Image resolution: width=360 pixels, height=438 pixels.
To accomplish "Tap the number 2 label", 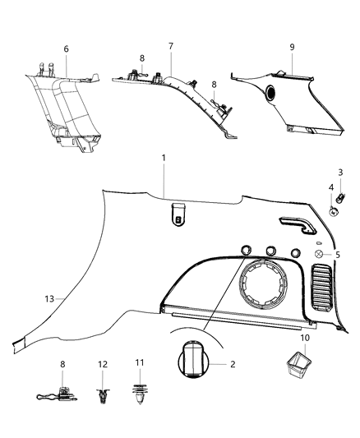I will click(x=232, y=363).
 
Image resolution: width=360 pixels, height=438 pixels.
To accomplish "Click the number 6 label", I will click(x=67, y=49).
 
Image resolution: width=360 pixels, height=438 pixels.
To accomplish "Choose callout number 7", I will click(x=170, y=47).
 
